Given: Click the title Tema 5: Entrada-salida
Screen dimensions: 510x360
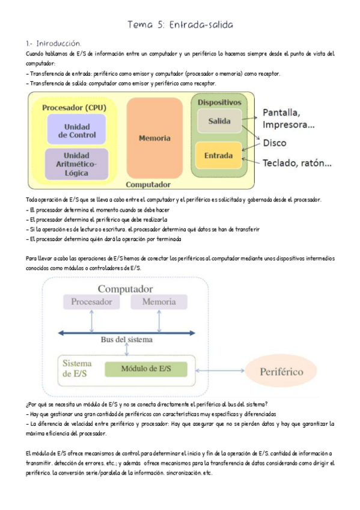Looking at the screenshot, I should [x=180, y=25].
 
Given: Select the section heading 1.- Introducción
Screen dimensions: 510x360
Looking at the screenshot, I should [x=53, y=43].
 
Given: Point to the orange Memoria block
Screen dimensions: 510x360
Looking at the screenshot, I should [x=154, y=138].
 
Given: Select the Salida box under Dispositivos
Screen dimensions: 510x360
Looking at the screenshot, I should [x=219, y=121].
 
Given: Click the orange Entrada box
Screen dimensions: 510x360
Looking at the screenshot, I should [x=219, y=155].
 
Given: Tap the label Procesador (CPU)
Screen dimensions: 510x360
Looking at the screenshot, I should [x=75, y=107].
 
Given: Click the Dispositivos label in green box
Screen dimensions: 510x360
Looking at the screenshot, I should [x=219, y=102].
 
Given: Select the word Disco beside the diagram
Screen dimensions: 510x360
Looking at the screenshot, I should [x=275, y=143].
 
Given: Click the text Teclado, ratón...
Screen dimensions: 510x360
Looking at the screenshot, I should [x=297, y=163].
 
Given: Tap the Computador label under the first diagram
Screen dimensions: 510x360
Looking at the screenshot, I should [x=148, y=185].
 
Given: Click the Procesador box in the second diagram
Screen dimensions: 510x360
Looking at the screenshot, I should [x=91, y=301].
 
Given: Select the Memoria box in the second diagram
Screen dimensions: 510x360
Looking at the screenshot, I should [x=159, y=301].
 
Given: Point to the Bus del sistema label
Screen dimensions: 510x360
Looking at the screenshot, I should [x=126, y=339].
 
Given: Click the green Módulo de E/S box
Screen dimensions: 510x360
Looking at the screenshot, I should [x=146, y=368].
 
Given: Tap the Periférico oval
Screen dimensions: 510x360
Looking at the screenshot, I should [x=281, y=372].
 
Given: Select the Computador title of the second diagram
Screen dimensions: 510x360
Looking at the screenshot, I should [x=125, y=289].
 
